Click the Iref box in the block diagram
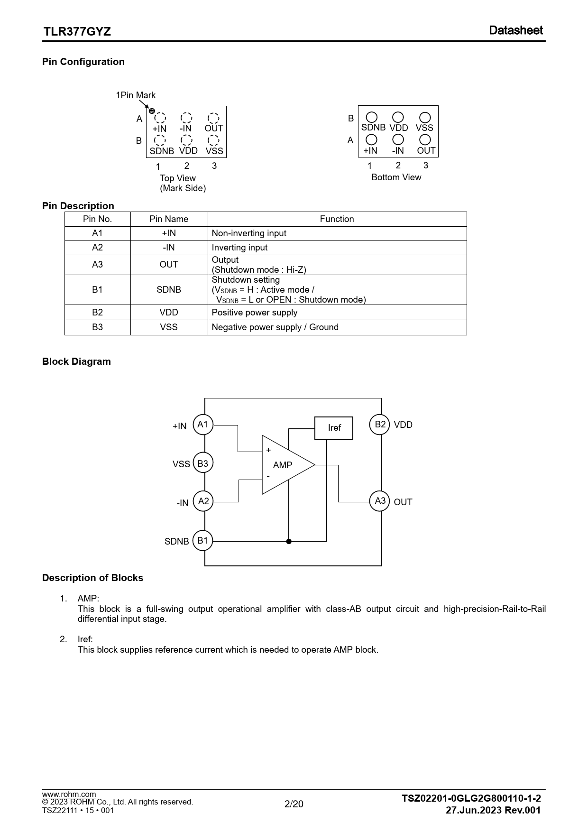pos(334,428)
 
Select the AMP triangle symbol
pos(285,465)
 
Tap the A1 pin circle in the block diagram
pos(203,425)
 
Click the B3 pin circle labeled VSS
pos(203,463)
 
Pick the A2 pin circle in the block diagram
pos(203,501)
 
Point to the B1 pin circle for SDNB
pos(203,540)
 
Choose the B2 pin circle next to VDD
pos(379,425)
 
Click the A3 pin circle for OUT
pos(379,501)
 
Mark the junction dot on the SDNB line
pos(289,541)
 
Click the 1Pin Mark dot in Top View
pos(152,111)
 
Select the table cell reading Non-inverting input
pos(249,233)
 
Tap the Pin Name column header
pos(169,219)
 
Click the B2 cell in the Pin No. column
pos(97,313)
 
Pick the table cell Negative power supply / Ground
pos(275,327)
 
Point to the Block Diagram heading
pos(76,361)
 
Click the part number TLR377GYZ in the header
pos(77,32)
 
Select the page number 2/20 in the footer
pos(294,804)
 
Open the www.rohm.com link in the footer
pos(69,794)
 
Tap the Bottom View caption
pos(396,177)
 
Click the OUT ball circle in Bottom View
pos(425,139)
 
